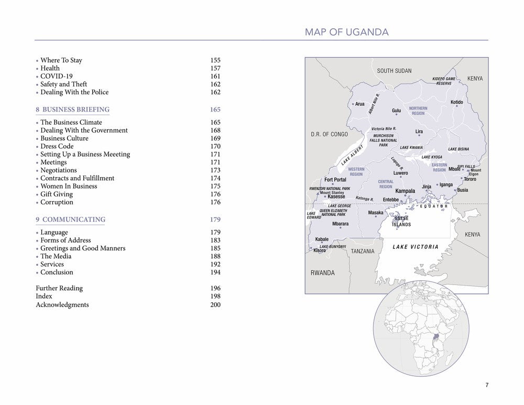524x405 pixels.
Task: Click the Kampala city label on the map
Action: [405, 191]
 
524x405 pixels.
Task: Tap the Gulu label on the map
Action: [396, 111]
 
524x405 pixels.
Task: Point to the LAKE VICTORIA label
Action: [416, 247]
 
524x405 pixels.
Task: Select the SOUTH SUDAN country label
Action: [394, 71]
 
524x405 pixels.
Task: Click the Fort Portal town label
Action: [335, 180]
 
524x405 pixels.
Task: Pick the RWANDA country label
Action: [322, 273]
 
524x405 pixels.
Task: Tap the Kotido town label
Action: [456, 102]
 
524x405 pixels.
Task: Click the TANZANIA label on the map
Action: [363, 251]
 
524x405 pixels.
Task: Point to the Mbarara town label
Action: [340, 224]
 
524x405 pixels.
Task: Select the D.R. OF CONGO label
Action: [329, 135]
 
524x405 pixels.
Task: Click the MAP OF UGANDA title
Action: [346, 32]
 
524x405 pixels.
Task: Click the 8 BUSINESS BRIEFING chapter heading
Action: [72, 110]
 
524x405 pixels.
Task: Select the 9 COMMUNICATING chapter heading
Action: [70, 220]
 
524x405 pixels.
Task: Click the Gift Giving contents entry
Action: [57, 194]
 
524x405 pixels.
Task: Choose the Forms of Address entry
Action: [65, 240]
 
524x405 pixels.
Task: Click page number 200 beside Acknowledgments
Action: [215, 305]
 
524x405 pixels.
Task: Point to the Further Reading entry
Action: [59, 288]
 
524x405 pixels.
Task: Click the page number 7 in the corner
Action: [487, 386]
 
